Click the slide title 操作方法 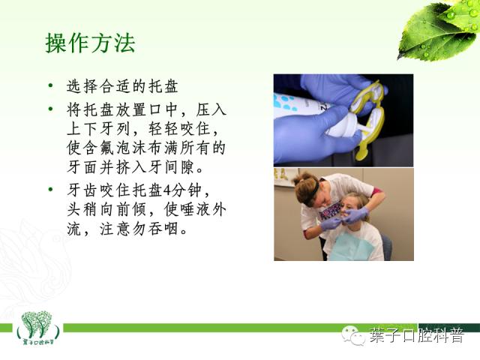pos(90,43)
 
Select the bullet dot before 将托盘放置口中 pos(50,109)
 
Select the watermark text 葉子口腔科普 pos(416,335)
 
